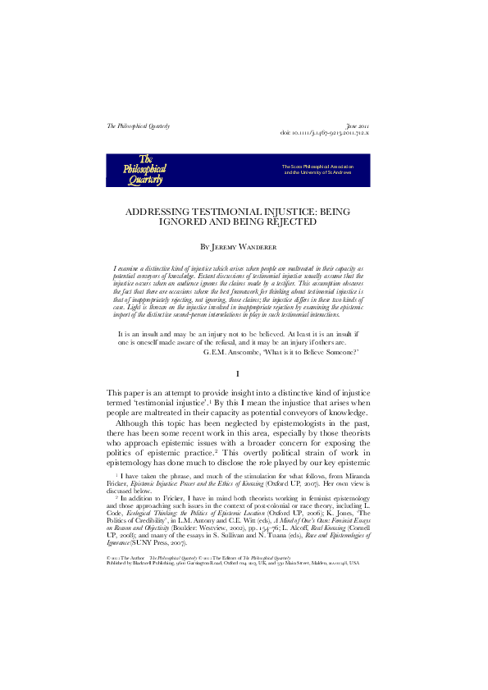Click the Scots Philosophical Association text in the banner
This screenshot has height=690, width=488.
(x=317, y=166)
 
